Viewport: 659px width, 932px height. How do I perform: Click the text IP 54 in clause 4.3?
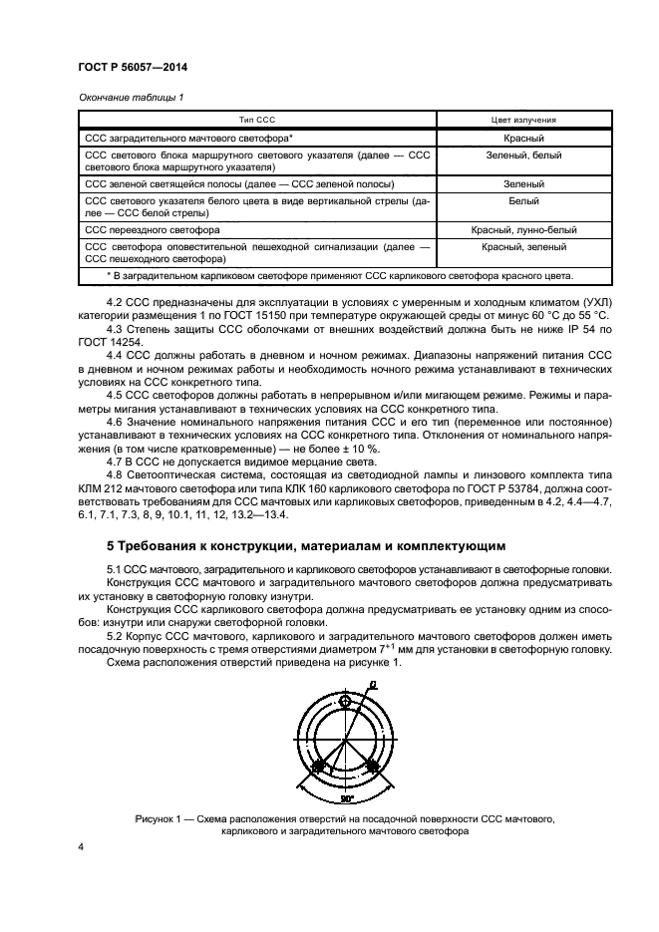pyautogui.click(x=564, y=329)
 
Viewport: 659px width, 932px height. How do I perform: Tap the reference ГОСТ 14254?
pyautogui.click(x=114, y=342)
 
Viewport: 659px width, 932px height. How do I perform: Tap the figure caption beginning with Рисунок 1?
pyautogui.click(x=344, y=823)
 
